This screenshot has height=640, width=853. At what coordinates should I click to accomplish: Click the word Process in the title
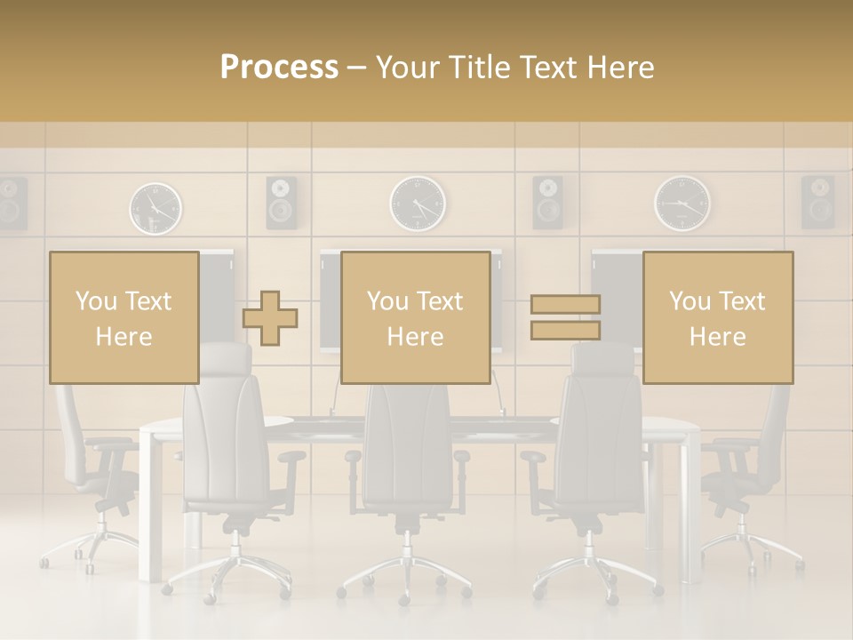click(x=279, y=68)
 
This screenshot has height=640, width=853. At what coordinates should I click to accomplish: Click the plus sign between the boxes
click(x=270, y=317)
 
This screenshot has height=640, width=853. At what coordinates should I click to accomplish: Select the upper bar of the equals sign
click(x=565, y=304)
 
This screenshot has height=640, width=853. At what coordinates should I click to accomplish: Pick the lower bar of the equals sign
click(x=565, y=331)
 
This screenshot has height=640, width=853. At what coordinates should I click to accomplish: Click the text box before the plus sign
click(x=124, y=317)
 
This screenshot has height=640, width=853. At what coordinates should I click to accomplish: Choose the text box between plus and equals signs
click(x=415, y=317)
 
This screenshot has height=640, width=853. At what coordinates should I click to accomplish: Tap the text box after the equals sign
click(x=717, y=317)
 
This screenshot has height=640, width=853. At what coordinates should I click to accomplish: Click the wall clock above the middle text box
click(x=418, y=204)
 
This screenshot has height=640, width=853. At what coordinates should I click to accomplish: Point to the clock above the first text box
click(x=155, y=208)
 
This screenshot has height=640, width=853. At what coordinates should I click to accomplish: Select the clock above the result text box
click(x=682, y=204)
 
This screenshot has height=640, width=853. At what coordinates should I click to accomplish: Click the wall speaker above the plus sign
click(x=282, y=202)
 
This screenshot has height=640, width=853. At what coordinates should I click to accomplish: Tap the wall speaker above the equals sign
click(x=547, y=202)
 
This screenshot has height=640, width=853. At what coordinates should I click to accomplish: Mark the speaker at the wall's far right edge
click(x=817, y=202)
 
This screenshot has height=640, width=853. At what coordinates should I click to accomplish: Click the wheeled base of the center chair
click(x=405, y=573)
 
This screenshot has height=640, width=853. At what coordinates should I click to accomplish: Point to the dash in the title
click(x=357, y=68)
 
